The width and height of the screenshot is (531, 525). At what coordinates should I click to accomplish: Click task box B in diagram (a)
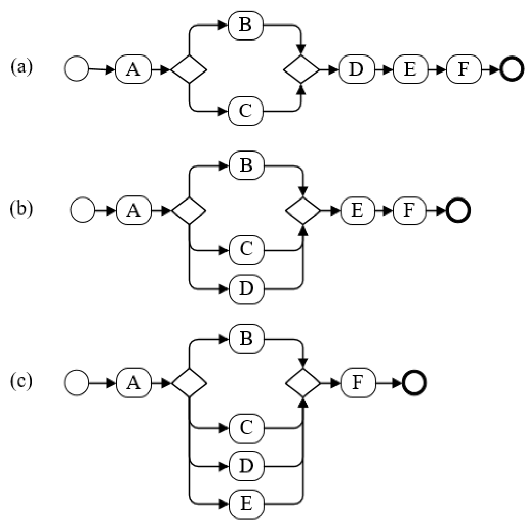[x=245, y=25]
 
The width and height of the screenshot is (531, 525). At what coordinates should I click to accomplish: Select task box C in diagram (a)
[x=245, y=111]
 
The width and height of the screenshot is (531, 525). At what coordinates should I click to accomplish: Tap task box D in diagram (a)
[x=356, y=69]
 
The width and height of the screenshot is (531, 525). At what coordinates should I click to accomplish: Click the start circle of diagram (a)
[x=77, y=69]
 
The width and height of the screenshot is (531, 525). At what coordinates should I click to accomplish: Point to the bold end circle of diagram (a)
[x=512, y=69]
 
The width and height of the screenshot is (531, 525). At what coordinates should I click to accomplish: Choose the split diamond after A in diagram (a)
[x=189, y=69]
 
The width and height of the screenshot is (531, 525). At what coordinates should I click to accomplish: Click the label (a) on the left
[x=21, y=67]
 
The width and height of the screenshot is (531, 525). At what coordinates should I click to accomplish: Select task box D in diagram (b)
[x=246, y=289]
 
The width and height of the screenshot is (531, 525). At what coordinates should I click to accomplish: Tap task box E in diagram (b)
[x=357, y=211]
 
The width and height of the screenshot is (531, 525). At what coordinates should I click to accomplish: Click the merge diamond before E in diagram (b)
[x=303, y=211]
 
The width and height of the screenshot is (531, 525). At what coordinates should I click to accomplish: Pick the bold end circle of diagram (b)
[x=458, y=211]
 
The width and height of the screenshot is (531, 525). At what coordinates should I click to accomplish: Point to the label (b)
[x=21, y=208]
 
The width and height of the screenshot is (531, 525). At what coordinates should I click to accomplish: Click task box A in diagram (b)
[x=134, y=211]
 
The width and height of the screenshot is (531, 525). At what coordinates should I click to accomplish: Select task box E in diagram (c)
[x=246, y=504]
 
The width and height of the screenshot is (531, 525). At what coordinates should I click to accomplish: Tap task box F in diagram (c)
[x=358, y=383]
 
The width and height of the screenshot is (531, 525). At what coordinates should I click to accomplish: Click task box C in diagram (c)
[x=246, y=428]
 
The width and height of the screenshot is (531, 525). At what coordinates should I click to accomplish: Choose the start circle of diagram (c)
[x=77, y=383]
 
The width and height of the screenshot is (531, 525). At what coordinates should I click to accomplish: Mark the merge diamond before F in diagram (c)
[x=303, y=383]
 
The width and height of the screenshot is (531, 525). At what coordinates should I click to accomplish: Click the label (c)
[x=21, y=381]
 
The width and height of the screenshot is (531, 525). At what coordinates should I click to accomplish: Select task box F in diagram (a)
[x=464, y=69]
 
